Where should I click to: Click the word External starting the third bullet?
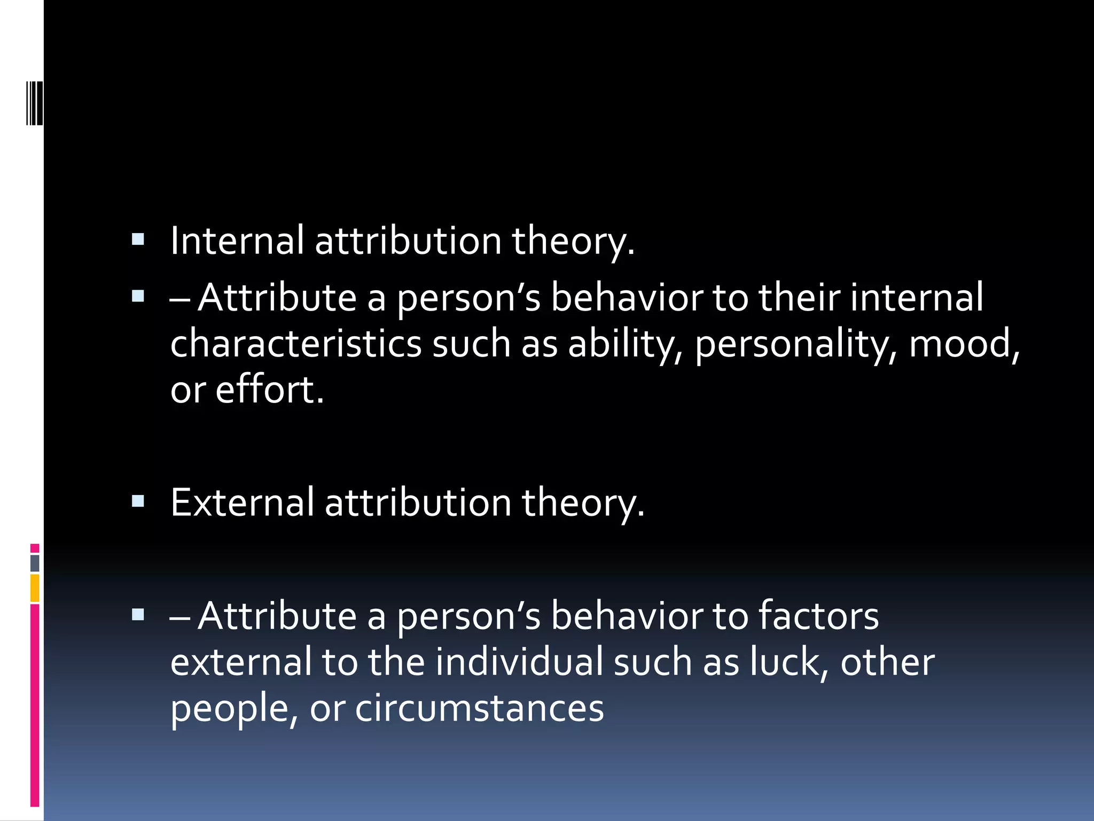[x=242, y=502]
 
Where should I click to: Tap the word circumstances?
[x=479, y=707]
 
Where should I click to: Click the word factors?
[x=818, y=616]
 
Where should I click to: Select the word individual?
[x=519, y=662]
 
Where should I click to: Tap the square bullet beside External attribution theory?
[x=138, y=501]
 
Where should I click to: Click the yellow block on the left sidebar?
[x=35, y=588]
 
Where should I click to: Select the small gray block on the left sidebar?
[x=35, y=563]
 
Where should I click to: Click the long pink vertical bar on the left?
[x=35, y=706]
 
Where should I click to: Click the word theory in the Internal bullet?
[x=573, y=241]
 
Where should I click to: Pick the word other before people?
[x=887, y=662]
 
